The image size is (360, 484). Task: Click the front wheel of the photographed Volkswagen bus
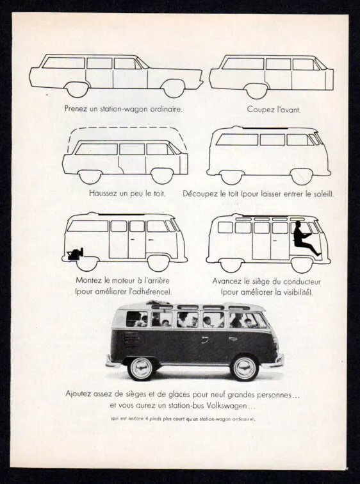pos(245,367)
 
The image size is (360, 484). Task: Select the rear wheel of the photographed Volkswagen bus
pos(141,368)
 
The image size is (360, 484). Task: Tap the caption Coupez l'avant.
pos(274,109)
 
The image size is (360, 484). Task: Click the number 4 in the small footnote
pos(146,419)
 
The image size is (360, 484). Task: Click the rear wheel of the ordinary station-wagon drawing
pos(78,90)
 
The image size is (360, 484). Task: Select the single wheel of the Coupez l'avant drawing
pos(257,91)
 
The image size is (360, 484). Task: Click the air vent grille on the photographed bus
pos(131,339)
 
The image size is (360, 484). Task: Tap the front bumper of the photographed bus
pos(274,361)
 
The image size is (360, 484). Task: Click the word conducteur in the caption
pos(302,281)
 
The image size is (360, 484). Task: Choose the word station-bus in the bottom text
pos(185,405)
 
